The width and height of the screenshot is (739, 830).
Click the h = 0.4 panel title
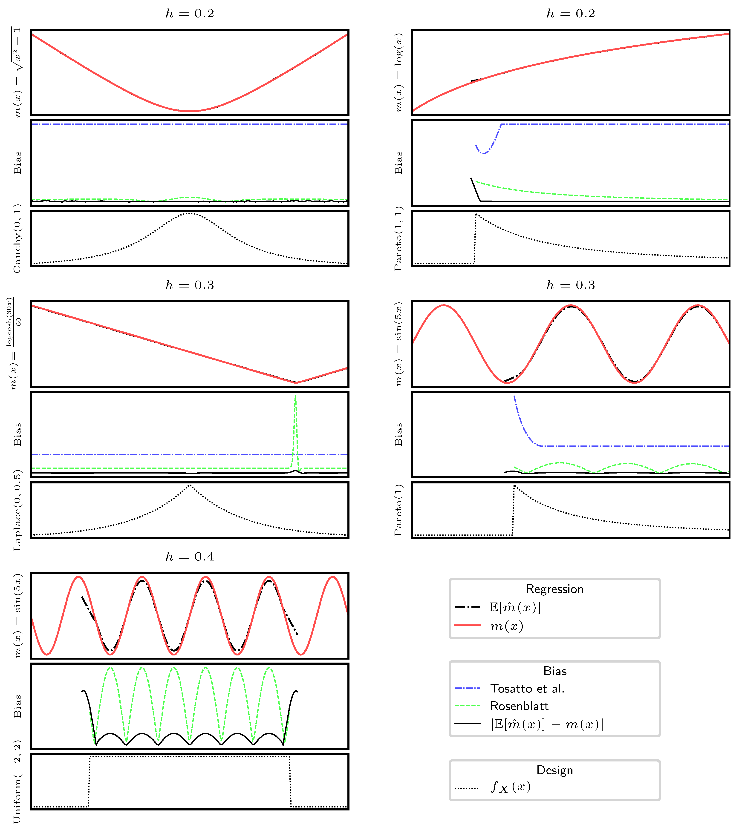(190, 557)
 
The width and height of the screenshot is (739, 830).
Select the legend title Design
(554, 770)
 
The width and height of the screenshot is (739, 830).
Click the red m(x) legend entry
(506, 626)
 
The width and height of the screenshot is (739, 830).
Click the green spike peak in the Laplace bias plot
(295, 396)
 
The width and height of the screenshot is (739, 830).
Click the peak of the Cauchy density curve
(190, 213)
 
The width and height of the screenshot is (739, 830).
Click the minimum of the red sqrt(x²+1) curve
(190, 111)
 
